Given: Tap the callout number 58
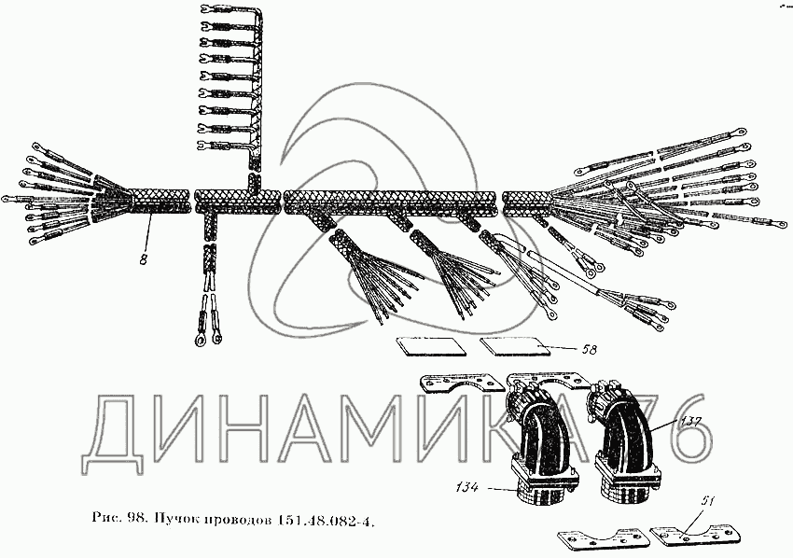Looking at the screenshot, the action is (588, 351).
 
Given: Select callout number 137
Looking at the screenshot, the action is (692, 422).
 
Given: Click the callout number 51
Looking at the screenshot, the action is (708, 504).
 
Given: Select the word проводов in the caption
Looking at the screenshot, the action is (243, 519).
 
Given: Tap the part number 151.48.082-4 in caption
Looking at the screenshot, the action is (327, 519).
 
